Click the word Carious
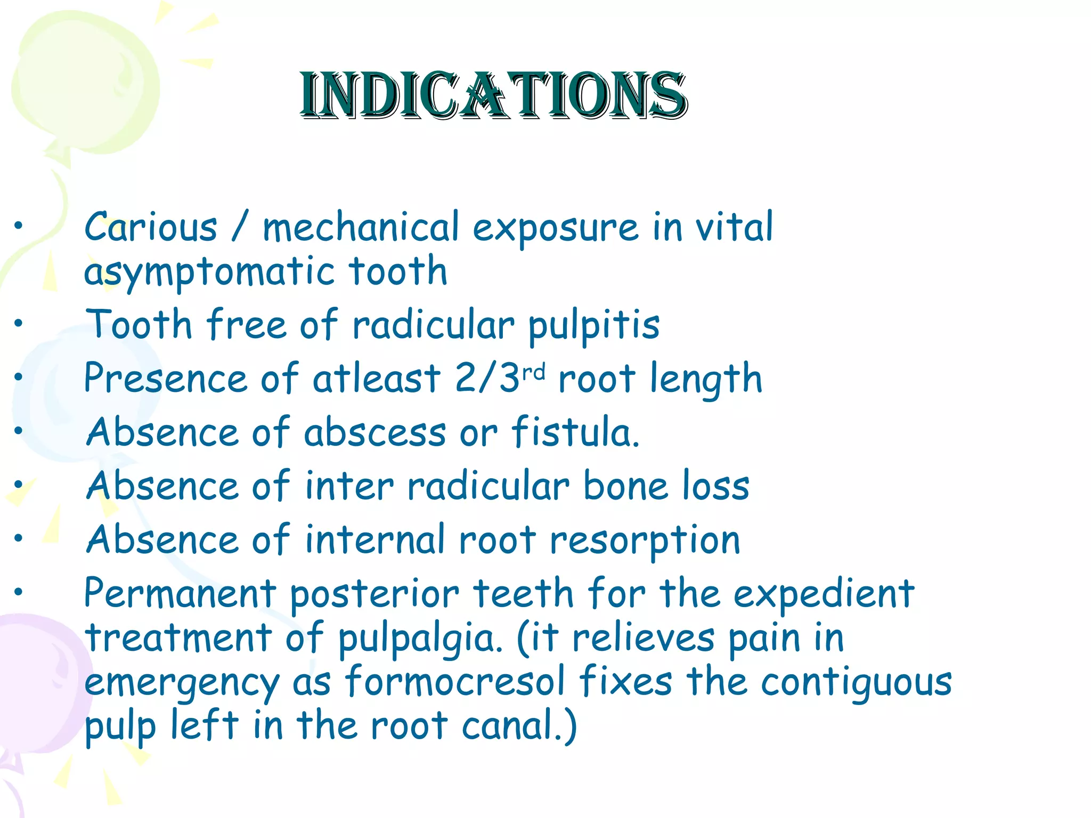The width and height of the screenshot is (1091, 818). tap(151, 227)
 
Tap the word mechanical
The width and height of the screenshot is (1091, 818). tap(361, 227)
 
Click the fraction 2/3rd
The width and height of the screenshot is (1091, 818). tap(500, 378)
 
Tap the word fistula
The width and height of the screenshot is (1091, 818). tap(575, 432)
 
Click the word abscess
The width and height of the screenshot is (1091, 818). tap(374, 432)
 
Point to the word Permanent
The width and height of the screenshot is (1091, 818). tap(180, 593)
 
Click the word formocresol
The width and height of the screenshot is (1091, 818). tap(455, 682)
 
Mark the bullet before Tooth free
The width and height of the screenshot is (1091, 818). tap(19, 323)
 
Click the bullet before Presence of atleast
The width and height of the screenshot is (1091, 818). tap(19, 377)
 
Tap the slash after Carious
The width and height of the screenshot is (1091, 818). tap(240, 227)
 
